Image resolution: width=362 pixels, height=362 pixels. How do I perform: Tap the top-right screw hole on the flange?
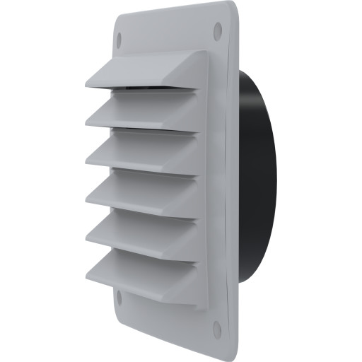point(217,29)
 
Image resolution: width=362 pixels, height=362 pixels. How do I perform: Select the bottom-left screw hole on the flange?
point(119,298)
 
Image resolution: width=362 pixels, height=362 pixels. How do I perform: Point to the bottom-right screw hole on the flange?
point(217,330)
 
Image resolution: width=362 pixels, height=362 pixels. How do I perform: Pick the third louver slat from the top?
point(141,151)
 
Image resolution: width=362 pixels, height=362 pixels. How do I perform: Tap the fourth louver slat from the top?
point(141,189)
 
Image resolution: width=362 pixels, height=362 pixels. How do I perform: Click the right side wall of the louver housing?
point(202,177)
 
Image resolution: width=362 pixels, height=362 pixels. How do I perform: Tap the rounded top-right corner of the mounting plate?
point(232,8)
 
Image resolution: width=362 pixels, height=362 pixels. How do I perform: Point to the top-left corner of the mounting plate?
point(115,17)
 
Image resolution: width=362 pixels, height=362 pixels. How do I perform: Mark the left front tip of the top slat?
point(88,86)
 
